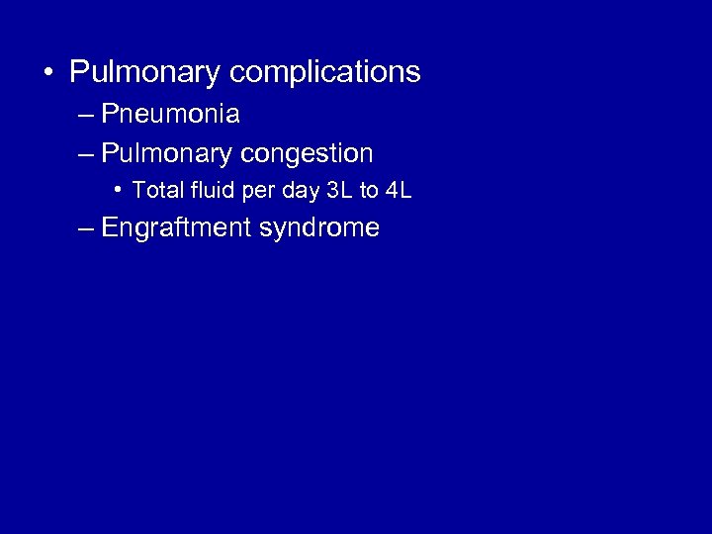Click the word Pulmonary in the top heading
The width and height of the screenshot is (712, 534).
145,73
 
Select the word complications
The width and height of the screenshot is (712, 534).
325,73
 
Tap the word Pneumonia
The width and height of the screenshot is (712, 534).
170,115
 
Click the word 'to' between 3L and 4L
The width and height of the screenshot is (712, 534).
369,190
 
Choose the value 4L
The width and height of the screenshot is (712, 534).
398,190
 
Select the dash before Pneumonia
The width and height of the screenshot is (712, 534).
84,116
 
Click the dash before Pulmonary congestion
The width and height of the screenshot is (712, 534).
84,155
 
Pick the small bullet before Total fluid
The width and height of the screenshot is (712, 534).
117,190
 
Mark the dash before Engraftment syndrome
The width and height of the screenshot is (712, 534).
84,229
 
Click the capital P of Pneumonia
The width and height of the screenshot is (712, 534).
109,115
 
